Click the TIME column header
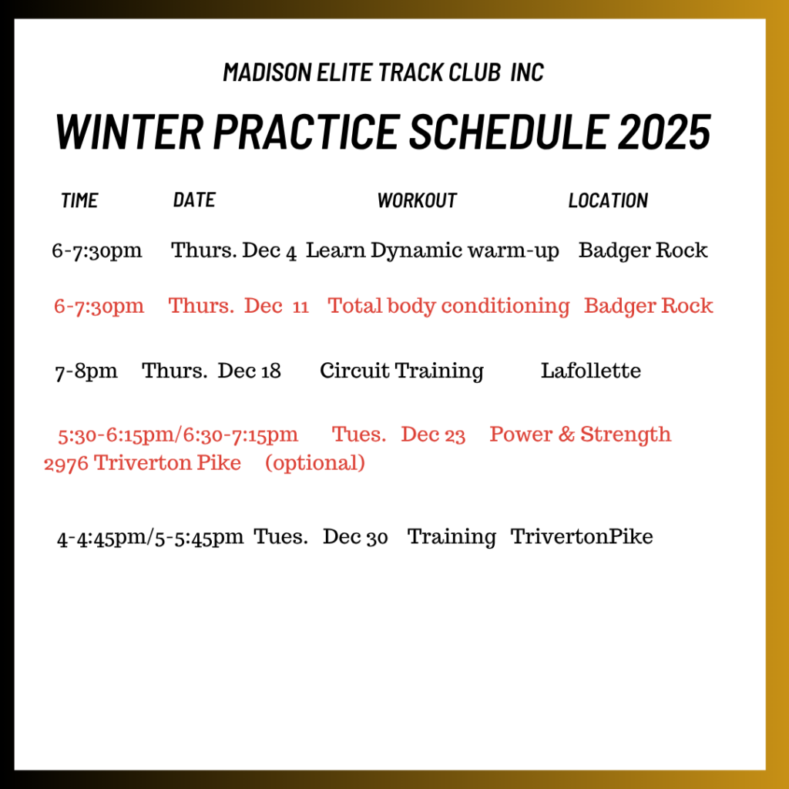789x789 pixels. click(79, 200)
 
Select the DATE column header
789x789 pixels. click(194, 200)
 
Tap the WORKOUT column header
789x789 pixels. click(417, 200)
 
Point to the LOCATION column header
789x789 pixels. click(609, 200)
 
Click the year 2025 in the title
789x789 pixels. click(664, 131)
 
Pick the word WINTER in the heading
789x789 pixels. click(129, 131)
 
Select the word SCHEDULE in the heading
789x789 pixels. click(509, 131)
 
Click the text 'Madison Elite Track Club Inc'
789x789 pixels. click(384, 72)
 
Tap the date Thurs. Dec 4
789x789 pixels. click(234, 250)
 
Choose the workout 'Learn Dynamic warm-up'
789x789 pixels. click(432, 251)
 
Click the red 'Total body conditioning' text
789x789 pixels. click(448, 307)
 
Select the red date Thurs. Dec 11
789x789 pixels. click(239, 306)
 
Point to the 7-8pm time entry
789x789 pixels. click(86, 371)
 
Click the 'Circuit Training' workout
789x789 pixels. click(401, 371)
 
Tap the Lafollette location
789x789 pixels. click(591, 371)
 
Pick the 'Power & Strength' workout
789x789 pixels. click(580, 435)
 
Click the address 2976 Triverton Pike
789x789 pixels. click(143, 463)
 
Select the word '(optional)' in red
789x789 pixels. click(315, 463)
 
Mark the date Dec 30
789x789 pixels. click(355, 537)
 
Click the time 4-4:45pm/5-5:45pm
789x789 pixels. click(150, 537)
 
